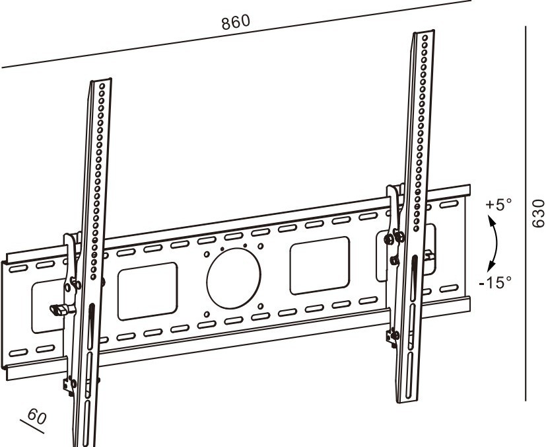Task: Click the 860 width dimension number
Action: tap(236, 22)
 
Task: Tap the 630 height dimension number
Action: tap(539, 213)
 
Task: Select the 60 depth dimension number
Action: tap(37, 416)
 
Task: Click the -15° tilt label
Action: tap(496, 282)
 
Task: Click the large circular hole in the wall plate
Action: tap(233, 278)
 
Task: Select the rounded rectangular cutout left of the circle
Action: tap(148, 292)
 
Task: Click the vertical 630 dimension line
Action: tap(526, 214)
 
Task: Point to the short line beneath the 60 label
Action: tap(32, 427)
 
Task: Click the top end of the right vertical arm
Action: tap(424, 32)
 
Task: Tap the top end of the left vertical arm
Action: tap(101, 81)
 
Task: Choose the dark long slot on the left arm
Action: tap(91, 327)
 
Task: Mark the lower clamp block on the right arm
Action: tap(392, 336)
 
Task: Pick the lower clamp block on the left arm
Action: tap(69, 385)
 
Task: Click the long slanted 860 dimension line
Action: tap(236, 34)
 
